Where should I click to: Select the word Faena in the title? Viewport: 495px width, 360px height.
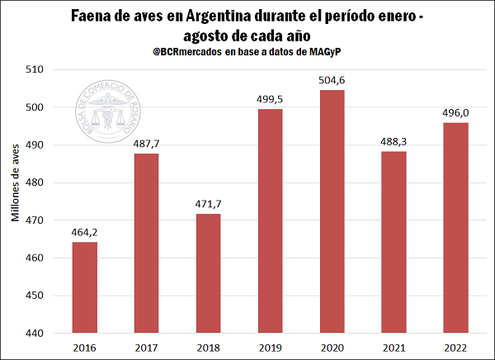pos(93,16)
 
